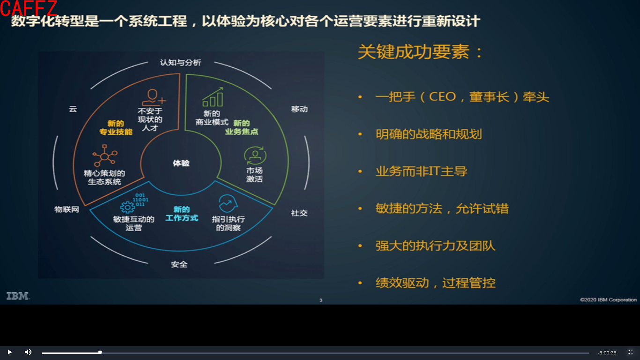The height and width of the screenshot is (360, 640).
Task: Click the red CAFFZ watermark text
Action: tap(29, 8)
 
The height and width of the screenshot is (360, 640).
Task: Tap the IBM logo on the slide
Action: tap(18, 296)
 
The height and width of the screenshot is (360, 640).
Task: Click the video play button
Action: tap(9, 352)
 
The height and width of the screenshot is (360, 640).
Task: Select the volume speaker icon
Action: tap(28, 352)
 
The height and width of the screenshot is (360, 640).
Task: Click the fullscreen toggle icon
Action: tap(631, 352)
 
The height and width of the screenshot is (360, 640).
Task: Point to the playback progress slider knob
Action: tap(100, 352)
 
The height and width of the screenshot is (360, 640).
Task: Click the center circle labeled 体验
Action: tap(181, 163)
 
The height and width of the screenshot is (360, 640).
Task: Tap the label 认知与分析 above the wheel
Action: tap(180, 62)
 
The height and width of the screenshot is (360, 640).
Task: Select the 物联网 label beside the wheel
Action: tap(67, 209)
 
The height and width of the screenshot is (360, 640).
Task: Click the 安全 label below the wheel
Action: tap(179, 264)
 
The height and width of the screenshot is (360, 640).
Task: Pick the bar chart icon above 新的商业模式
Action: tap(213, 97)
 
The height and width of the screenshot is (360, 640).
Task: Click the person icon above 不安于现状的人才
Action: tap(153, 97)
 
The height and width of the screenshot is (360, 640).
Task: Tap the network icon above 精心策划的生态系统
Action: tap(104, 156)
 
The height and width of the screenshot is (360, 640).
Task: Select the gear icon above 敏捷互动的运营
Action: tap(127, 207)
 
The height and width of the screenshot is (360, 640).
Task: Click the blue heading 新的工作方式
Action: tap(182, 214)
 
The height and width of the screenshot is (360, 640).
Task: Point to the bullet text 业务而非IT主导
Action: tap(421, 171)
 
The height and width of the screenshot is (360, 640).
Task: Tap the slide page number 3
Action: tap(320, 300)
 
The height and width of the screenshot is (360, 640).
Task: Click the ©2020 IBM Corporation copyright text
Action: tap(608, 300)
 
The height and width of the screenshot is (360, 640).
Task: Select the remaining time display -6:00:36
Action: tap(607, 352)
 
